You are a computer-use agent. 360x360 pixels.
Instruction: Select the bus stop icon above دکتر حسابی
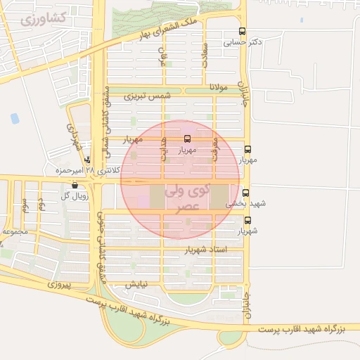click(243, 32)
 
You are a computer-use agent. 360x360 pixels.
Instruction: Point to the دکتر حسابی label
click(243, 43)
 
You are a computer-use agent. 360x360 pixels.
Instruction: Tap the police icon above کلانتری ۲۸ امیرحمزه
click(86, 160)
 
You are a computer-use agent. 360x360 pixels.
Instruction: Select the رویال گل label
click(74, 196)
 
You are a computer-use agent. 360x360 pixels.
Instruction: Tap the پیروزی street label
click(61, 285)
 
